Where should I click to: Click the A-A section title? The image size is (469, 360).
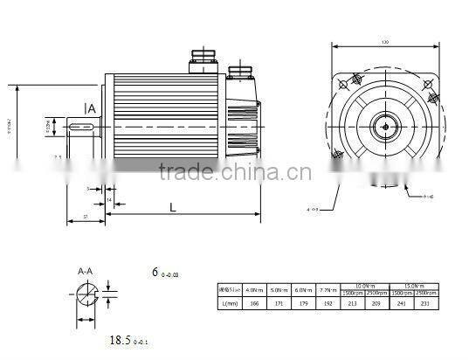[x=86, y=271]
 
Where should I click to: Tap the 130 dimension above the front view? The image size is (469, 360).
[x=384, y=41]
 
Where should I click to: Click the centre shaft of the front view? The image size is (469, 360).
[x=384, y=126]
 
